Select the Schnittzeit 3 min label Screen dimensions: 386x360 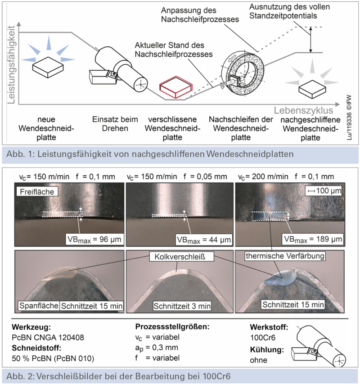coord(182,306)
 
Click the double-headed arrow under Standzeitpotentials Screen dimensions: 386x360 coord(310,40)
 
